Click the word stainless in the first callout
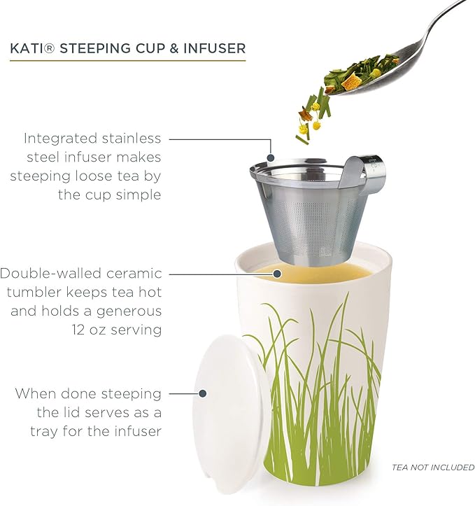[x=136, y=138]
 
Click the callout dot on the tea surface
[x=277, y=274]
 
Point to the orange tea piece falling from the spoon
[x=308, y=111]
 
